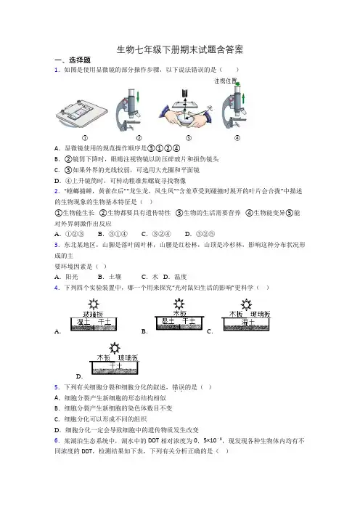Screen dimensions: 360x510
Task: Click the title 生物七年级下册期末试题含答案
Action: [x=180, y=49]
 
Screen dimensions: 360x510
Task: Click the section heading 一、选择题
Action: [x=73, y=60]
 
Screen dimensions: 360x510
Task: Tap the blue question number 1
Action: [x=57, y=70]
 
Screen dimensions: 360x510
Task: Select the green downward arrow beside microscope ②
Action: [x=138, y=97]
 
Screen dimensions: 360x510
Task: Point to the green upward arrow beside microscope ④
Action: [x=244, y=99]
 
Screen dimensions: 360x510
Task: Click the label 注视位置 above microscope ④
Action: [x=225, y=81]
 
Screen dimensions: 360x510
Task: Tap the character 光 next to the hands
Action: [x=210, y=108]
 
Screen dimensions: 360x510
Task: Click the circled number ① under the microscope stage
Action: [x=85, y=138]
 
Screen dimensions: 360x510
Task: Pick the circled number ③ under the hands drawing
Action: [x=189, y=138]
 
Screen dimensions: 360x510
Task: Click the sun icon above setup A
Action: [x=94, y=304]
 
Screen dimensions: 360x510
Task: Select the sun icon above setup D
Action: [x=115, y=348]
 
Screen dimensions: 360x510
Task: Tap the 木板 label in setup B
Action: [x=180, y=313]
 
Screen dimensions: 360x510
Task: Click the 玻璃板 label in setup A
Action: [x=93, y=314]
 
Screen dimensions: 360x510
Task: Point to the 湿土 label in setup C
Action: [x=247, y=322]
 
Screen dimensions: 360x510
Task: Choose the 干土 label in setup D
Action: [x=115, y=366]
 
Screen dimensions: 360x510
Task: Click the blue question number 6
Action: [x=57, y=441]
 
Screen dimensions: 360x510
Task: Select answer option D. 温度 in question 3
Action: [x=175, y=277]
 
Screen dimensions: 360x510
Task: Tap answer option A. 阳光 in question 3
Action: [x=66, y=277]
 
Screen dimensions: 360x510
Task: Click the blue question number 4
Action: [x=57, y=288]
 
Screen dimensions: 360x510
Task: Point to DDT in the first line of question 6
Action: [x=153, y=441]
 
